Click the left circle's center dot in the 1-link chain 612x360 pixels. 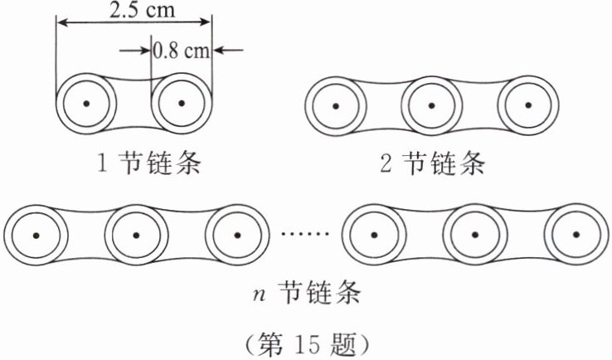[86, 104]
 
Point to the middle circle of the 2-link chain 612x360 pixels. [431, 107]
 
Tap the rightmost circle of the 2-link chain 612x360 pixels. [528, 107]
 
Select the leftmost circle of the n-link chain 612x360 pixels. [36, 235]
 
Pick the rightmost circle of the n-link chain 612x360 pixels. [574, 235]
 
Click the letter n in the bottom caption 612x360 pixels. [258, 294]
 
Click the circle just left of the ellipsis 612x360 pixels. [237, 235]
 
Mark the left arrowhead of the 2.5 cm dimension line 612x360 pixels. [61, 23]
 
